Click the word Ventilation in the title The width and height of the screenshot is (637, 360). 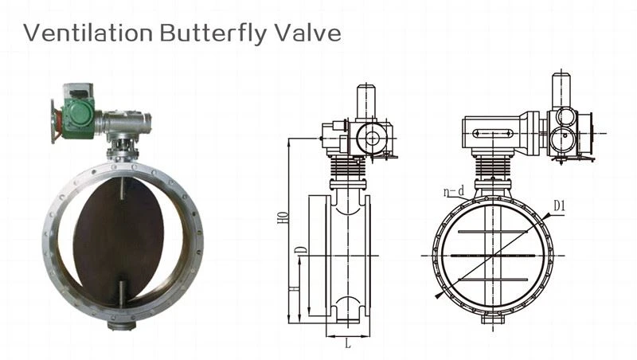click(88, 33)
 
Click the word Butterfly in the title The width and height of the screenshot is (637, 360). click(213, 33)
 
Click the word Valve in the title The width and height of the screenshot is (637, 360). click(308, 33)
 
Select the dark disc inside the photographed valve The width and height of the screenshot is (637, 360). click(119, 241)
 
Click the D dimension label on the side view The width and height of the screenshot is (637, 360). click(302, 250)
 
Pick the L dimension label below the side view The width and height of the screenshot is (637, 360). click(348, 344)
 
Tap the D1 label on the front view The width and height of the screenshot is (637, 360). click(559, 206)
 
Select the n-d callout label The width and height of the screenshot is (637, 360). click(454, 191)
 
